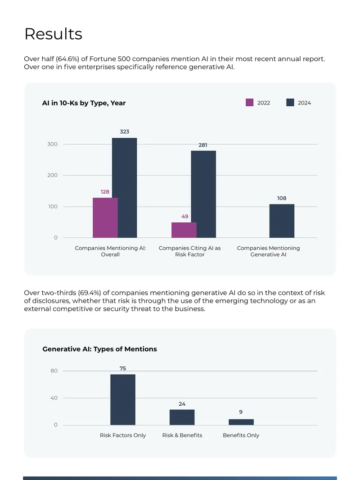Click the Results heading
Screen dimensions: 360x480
click(53, 34)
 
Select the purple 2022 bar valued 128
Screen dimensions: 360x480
click(105, 217)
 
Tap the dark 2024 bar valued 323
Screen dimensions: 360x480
click(125, 188)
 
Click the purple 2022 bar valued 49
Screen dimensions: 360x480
click(184, 230)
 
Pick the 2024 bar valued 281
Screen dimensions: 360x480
click(203, 194)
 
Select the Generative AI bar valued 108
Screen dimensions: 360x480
click(282, 221)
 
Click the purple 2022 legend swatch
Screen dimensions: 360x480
click(250, 103)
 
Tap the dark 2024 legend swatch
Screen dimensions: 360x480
click(290, 103)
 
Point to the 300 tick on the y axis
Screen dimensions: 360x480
click(52, 144)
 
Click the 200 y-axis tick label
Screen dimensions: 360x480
click(52, 175)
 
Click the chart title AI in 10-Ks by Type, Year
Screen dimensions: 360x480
click(84, 103)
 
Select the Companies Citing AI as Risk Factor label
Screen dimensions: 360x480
click(189, 251)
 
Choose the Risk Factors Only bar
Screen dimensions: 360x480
click(123, 399)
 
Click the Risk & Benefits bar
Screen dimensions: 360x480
click(182, 417)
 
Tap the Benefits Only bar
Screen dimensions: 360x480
click(241, 422)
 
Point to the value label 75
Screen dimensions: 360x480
click(123, 368)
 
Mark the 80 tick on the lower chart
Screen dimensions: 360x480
click(54, 371)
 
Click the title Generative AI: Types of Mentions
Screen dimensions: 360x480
click(100, 349)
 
